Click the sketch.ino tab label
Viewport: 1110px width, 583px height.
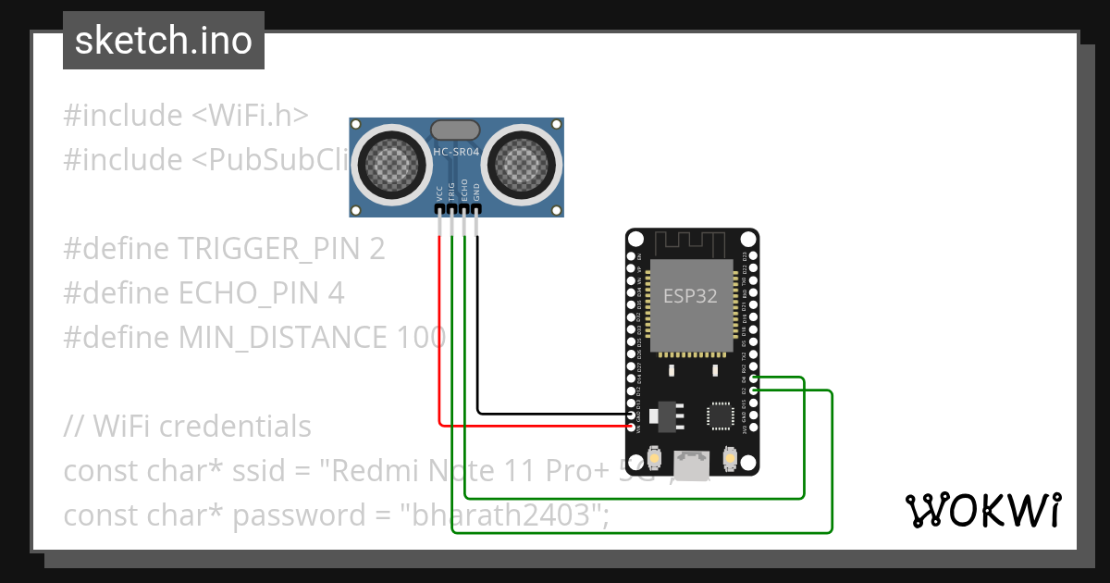pyautogui.click(x=163, y=42)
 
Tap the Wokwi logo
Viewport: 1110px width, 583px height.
pyautogui.click(x=981, y=510)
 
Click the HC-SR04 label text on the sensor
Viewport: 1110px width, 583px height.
pyautogui.click(x=456, y=151)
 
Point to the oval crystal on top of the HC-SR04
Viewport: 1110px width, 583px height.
pyautogui.click(x=456, y=130)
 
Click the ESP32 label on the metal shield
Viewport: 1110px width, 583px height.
pyautogui.click(x=690, y=296)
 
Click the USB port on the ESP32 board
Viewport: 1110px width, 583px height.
pyautogui.click(x=691, y=465)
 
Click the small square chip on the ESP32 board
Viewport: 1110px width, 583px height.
pyautogui.click(x=720, y=416)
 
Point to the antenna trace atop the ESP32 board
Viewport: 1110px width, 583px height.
pyautogui.click(x=691, y=242)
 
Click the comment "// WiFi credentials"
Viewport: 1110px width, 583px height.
pyautogui.click(x=188, y=427)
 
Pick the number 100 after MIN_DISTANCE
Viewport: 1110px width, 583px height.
pyautogui.click(x=421, y=338)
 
